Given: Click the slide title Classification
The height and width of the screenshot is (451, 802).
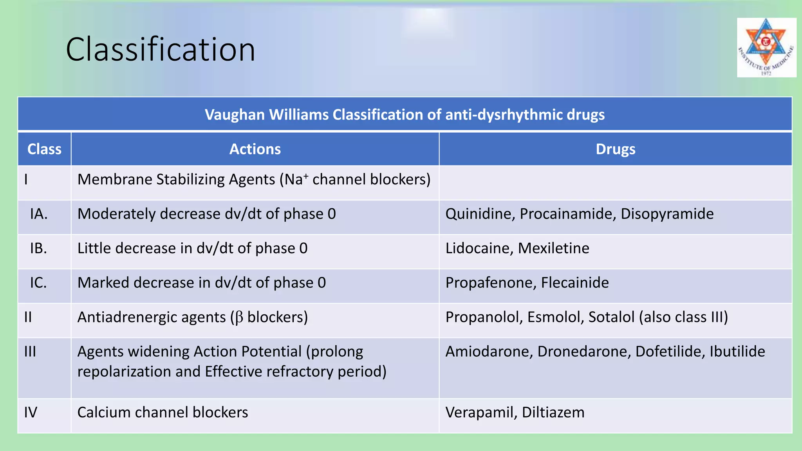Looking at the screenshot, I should [160, 49].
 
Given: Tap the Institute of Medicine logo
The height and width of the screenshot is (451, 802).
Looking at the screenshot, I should [766, 47].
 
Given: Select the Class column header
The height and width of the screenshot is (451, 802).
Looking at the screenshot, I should [44, 149].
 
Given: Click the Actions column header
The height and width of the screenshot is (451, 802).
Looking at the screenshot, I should [255, 149].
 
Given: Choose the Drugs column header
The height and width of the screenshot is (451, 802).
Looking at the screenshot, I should [615, 149].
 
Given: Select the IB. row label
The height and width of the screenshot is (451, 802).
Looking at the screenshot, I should [38, 248].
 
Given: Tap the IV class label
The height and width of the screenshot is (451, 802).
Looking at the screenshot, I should [31, 413].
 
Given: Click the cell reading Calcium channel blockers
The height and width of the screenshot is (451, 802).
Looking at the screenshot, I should [163, 413].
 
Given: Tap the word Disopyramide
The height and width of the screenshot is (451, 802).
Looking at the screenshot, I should [667, 214].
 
